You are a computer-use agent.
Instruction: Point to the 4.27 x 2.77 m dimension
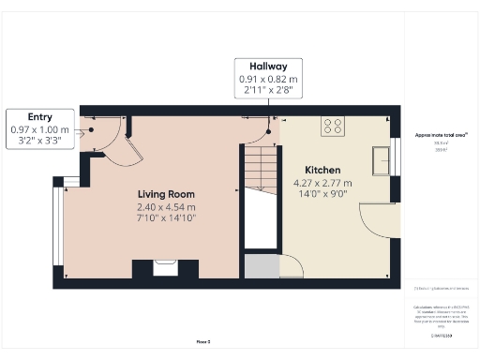322,182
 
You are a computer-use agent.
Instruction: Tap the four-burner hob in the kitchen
333,126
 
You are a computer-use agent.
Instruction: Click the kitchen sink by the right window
381,160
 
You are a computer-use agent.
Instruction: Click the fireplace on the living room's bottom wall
165,268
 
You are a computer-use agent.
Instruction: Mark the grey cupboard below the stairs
262,266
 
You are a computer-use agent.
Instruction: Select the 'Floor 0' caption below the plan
202,342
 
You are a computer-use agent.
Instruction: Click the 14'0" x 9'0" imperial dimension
322,194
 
